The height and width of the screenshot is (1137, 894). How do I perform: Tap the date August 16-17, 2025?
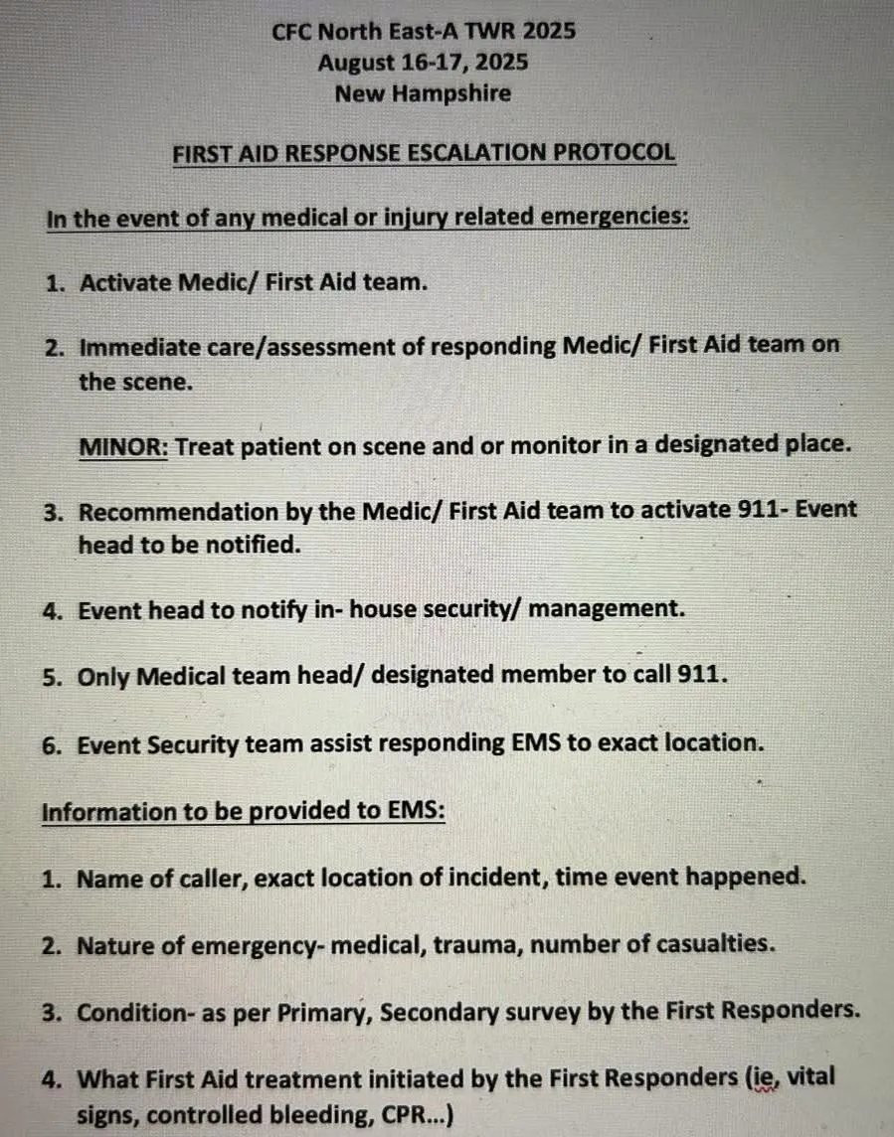[x=424, y=63]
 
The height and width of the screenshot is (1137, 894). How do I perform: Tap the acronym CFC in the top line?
[x=292, y=31]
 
